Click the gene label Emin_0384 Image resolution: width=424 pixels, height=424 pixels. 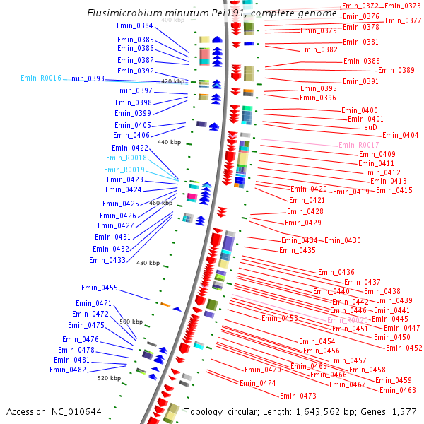135,26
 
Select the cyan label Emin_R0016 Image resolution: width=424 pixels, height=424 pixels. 41,78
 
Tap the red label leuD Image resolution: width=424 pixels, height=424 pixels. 370,128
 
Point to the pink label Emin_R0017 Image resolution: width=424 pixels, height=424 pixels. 359,145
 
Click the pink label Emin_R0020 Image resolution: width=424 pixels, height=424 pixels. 348,320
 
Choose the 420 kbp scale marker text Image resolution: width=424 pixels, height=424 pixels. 172,82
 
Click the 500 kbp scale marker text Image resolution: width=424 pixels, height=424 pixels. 131,322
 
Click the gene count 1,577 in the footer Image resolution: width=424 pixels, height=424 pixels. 404,411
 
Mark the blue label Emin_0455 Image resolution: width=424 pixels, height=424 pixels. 100,288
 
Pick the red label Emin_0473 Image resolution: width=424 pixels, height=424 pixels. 298,396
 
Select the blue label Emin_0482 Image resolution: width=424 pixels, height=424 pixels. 68,370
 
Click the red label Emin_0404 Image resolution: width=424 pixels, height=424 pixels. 401,136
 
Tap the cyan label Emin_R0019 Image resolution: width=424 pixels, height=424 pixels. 125,170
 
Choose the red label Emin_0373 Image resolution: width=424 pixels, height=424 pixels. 403,6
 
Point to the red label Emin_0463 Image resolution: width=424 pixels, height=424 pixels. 397,390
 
